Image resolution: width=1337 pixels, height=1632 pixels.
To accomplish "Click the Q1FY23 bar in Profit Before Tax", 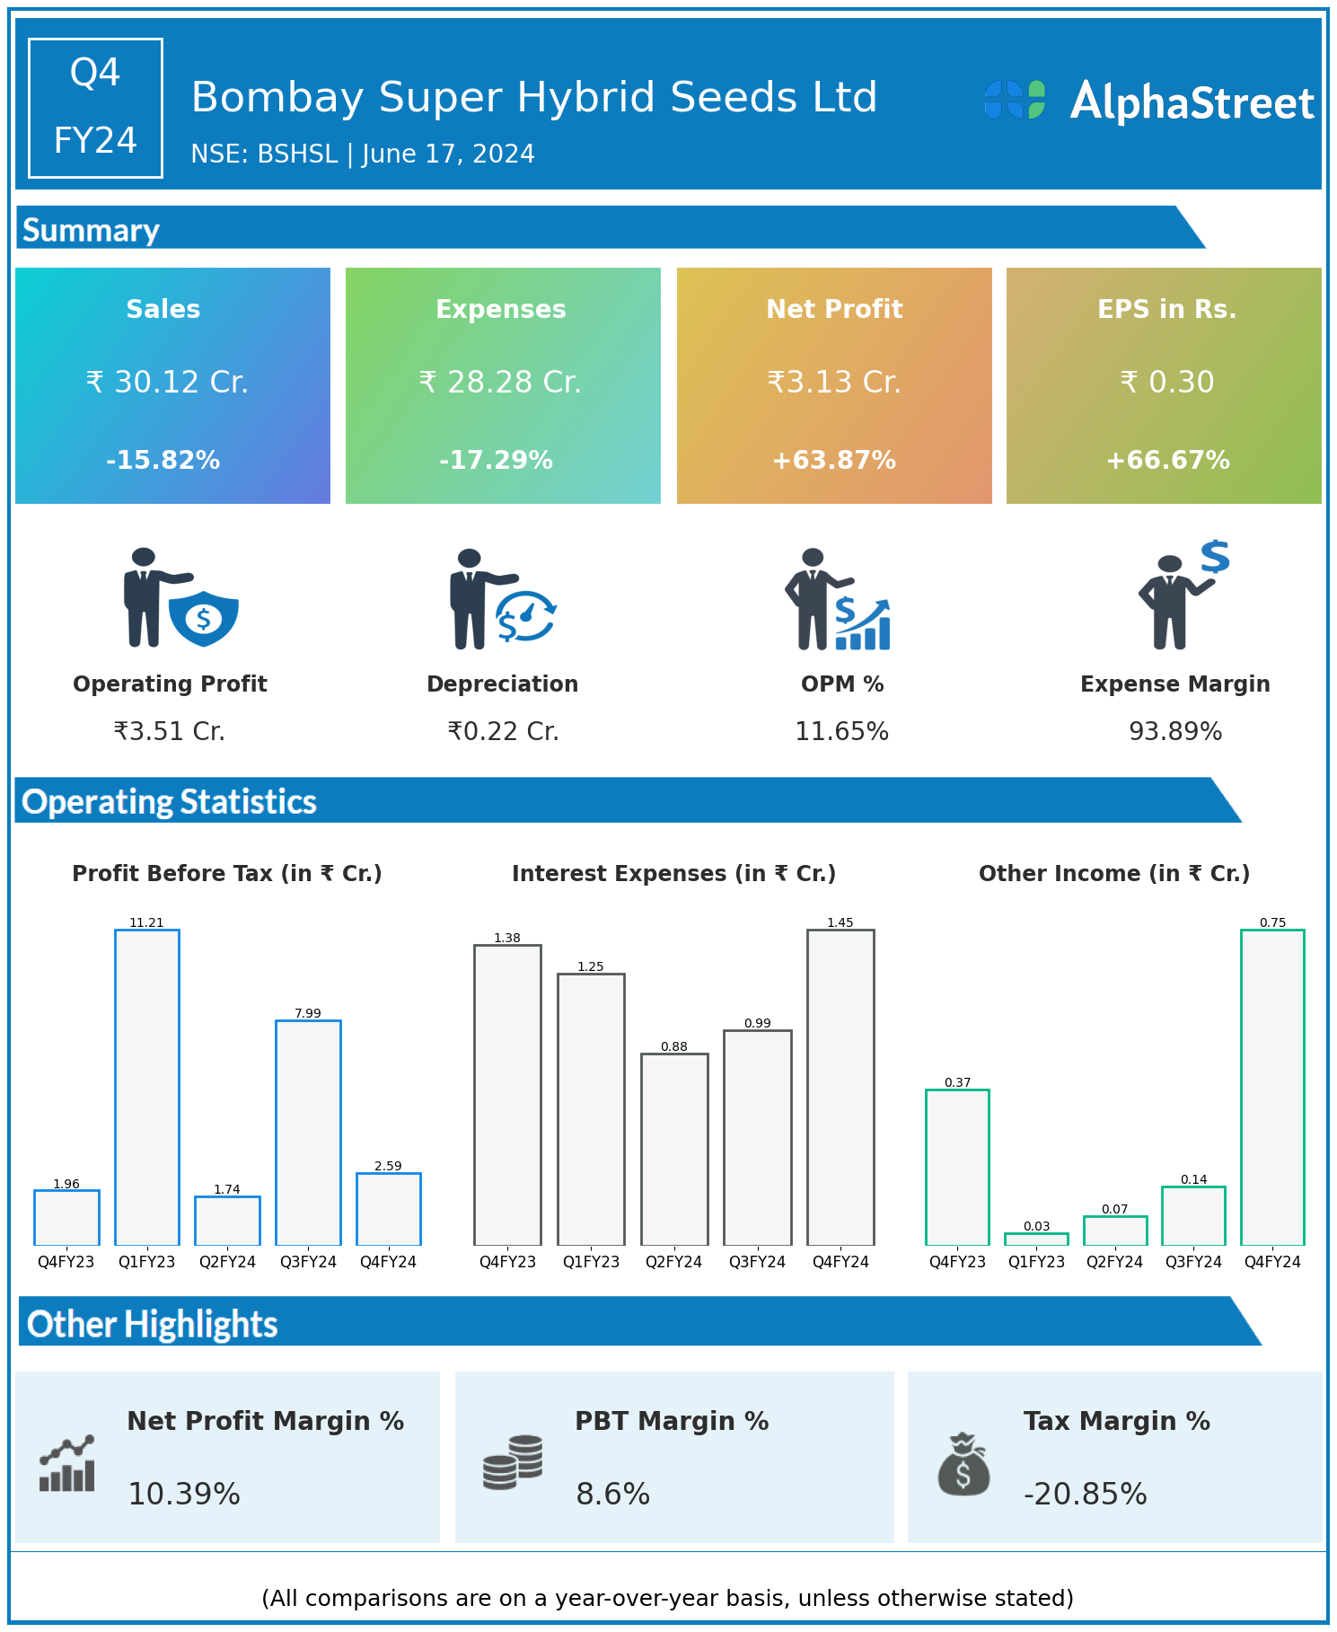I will click(x=147, y=1087).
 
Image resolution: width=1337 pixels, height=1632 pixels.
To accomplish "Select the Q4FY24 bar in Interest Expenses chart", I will click(x=840, y=1087).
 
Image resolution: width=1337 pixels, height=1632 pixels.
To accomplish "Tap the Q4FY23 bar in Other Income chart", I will click(x=957, y=1167).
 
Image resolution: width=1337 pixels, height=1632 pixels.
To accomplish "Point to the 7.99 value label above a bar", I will click(x=308, y=1013).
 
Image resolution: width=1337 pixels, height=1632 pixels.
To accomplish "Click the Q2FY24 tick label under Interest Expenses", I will click(x=673, y=1262).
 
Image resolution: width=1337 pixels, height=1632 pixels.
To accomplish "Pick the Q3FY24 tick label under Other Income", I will click(x=1193, y=1262).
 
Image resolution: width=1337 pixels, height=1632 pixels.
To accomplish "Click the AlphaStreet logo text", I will click(x=1192, y=101).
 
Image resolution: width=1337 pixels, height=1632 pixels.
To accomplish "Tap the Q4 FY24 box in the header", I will click(x=95, y=108).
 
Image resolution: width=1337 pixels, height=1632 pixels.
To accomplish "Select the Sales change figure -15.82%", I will click(x=163, y=461).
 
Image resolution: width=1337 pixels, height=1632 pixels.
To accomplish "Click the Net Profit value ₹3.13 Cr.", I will click(x=834, y=383).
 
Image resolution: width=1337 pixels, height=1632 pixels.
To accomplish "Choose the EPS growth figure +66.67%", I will click(x=1167, y=461).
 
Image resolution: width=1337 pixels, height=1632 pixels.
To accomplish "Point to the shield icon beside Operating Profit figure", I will click(x=204, y=618).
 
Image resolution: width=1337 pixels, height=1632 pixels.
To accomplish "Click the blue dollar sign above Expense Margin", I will click(x=1215, y=557).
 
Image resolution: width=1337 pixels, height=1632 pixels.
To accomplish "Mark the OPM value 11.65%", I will click(x=841, y=732).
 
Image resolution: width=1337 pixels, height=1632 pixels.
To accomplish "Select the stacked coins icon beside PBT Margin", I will click(x=513, y=1462).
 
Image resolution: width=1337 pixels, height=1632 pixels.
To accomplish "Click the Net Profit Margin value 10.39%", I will click(x=184, y=1494).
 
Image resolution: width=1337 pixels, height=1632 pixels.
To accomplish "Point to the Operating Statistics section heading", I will click(x=170, y=801).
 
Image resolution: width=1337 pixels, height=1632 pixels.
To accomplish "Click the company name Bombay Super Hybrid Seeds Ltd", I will click(x=534, y=97).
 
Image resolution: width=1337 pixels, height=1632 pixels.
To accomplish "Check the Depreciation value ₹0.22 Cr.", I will click(x=503, y=732).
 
